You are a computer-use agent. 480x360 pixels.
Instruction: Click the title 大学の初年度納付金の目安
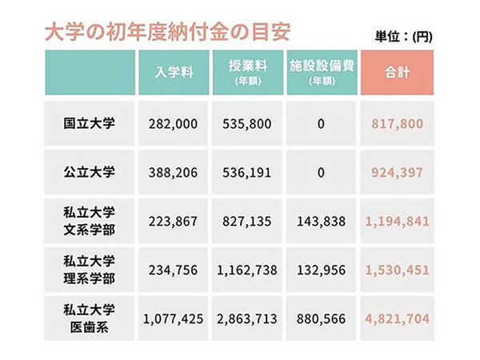click(156, 32)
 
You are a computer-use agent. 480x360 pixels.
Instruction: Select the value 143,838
click(320, 221)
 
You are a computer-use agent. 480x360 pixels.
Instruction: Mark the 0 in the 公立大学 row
click(320, 172)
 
